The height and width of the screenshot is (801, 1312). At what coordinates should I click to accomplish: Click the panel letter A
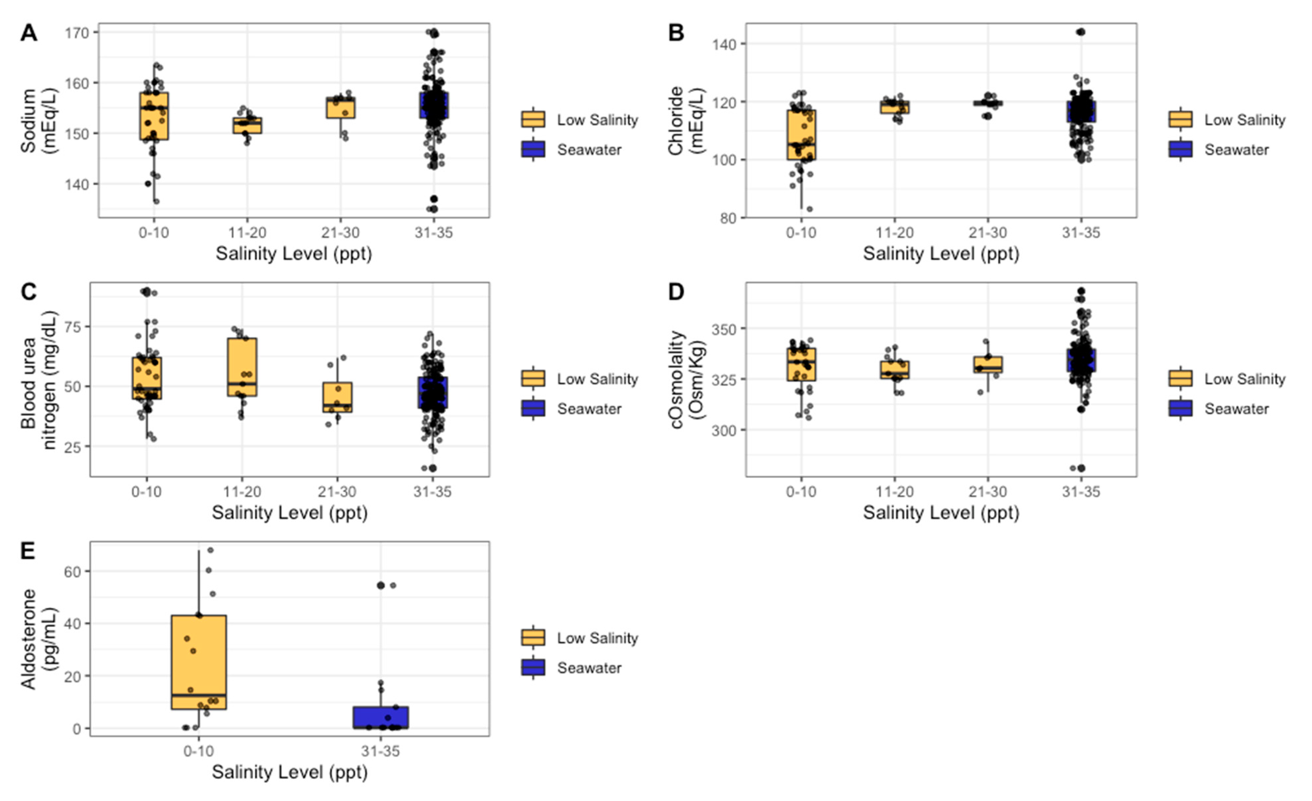click(29, 33)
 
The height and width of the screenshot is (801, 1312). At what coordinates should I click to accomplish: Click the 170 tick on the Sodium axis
click(77, 32)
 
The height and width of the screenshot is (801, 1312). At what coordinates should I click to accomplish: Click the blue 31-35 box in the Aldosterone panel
click(380, 717)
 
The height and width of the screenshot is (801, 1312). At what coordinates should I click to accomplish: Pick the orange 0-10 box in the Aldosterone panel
click(199, 662)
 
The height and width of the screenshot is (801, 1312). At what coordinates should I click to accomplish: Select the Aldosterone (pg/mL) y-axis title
click(37, 639)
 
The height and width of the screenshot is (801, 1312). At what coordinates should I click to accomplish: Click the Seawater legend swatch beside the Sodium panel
click(533, 149)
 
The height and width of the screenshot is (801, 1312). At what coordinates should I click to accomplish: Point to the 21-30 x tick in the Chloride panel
click(988, 233)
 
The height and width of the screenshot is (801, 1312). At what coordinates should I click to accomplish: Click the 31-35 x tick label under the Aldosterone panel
click(380, 751)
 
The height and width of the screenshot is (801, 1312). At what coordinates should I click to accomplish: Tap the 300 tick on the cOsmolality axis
click(724, 430)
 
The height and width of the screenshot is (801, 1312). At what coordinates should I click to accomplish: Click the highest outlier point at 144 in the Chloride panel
click(1080, 32)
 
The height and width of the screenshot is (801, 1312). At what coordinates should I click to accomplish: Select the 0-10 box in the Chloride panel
click(801, 135)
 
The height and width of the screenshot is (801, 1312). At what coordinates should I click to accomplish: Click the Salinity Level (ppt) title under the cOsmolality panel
click(941, 513)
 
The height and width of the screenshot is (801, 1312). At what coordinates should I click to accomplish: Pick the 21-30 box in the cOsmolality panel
click(988, 364)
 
